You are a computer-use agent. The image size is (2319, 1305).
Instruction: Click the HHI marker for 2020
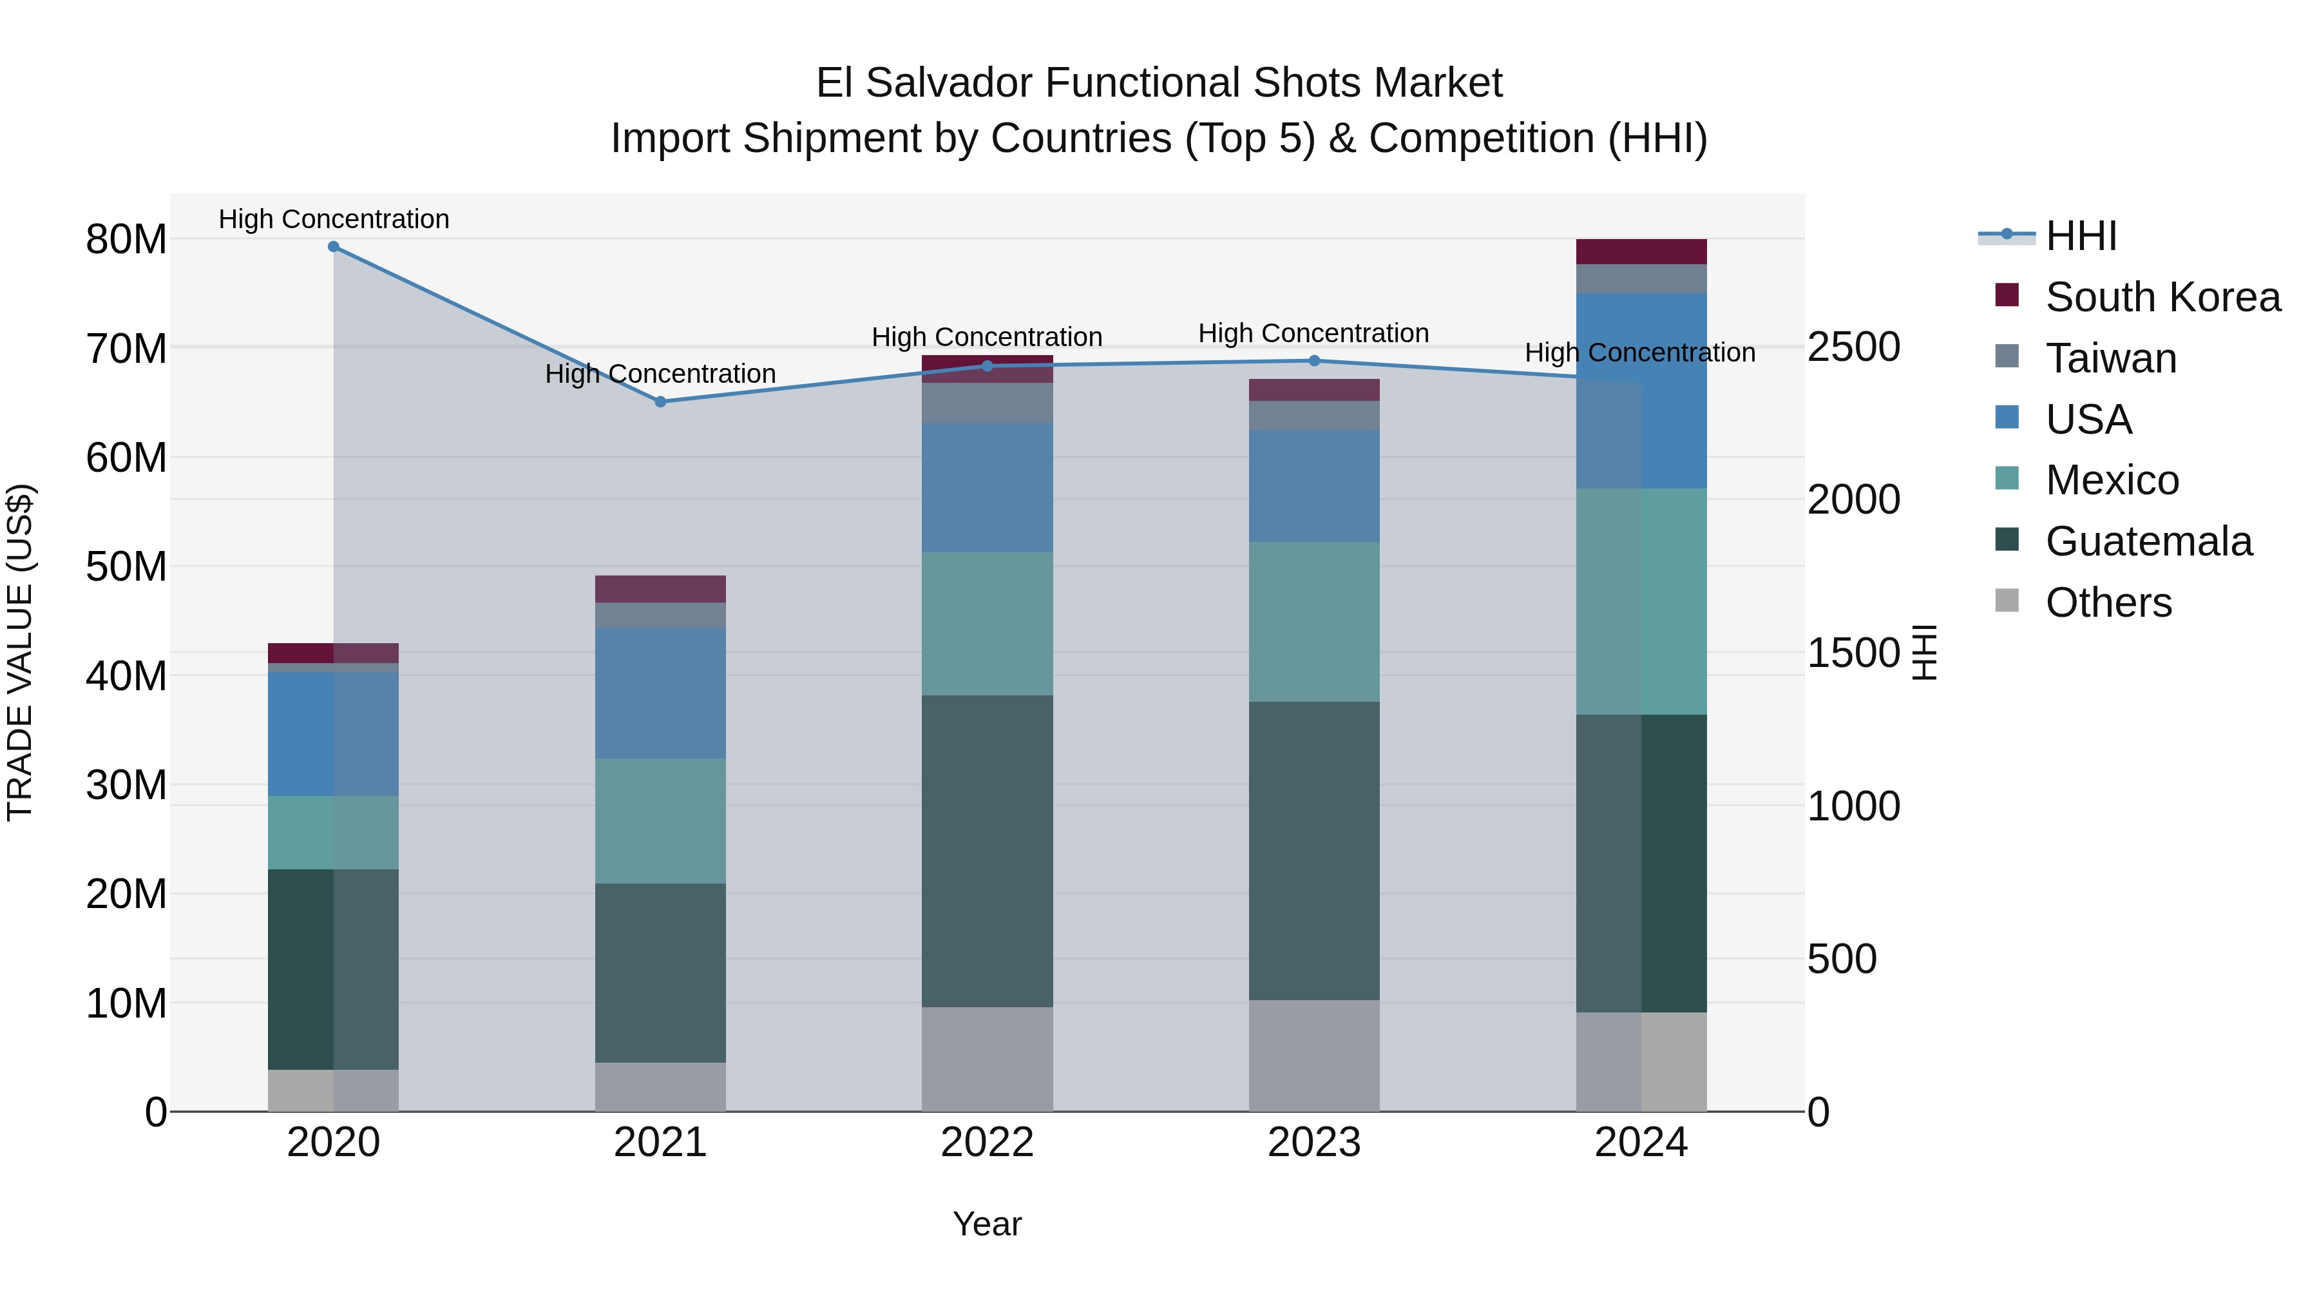pyautogui.click(x=333, y=247)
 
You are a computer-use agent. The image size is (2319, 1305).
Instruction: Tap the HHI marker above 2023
pyautogui.click(x=1313, y=361)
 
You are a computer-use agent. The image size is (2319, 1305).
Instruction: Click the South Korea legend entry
pyautogui.click(x=2162, y=297)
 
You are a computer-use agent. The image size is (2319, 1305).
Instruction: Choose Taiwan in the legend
pyautogui.click(x=2110, y=358)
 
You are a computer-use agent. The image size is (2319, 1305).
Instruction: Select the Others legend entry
pyautogui.click(x=2108, y=603)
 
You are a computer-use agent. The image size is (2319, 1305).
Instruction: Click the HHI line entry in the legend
pyautogui.click(x=2081, y=236)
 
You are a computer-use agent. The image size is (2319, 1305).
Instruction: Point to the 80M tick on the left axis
pyautogui.click(x=126, y=240)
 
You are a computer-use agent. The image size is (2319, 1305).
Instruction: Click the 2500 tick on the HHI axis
pyautogui.click(x=1853, y=347)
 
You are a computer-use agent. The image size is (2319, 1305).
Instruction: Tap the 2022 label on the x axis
pyautogui.click(x=987, y=1143)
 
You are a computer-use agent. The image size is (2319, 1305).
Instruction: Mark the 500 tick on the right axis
pyautogui.click(x=1842, y=959)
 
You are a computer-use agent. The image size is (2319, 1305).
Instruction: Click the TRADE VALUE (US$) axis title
pyautogui.click(x=20, y=652)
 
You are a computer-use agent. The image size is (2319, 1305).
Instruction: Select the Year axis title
pyautogui.click(x=987, y=1224)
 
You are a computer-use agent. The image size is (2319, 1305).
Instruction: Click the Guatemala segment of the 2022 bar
pyautogui.click(x=987, y=851)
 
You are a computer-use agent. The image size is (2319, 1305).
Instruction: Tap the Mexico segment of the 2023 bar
pyautogui.click(x=1313, y=621)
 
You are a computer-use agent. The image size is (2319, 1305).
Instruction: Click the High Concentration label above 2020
pyautogui.click(x=333, y=219)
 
